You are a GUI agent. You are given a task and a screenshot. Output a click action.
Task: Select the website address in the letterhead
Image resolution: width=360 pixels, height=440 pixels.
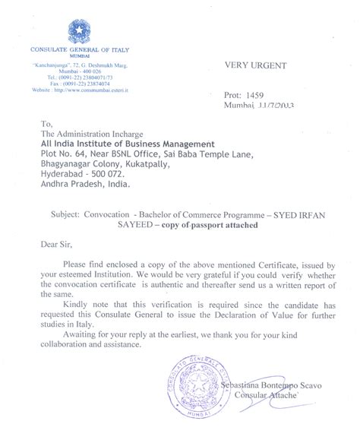click(x=75, y=90)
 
